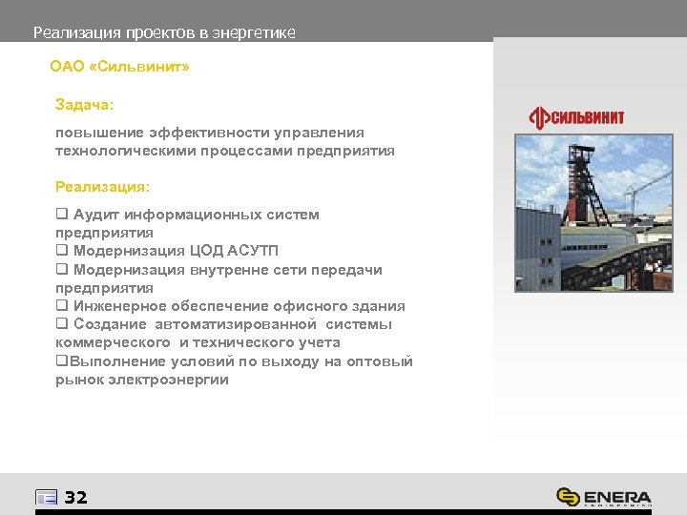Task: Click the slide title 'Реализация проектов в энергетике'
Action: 164,32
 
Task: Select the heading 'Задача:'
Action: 84,103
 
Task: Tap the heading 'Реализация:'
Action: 102,187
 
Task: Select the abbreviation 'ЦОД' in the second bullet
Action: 196,251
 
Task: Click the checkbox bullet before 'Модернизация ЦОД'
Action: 61,251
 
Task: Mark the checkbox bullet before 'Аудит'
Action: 61,215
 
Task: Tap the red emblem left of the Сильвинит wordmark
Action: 541,117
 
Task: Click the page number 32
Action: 75,497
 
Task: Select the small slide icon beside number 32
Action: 46,497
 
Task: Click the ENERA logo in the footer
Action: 605,497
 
